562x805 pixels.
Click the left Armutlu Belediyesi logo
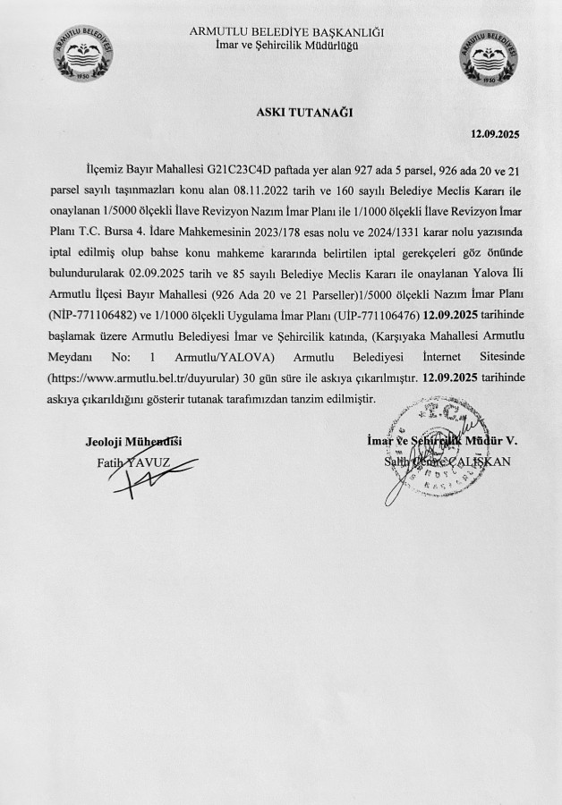(84, 60)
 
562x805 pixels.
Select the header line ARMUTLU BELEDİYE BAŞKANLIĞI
(287, 33)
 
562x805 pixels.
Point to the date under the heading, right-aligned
(495, 134)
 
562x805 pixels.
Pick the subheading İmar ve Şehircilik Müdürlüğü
(287, 46)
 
